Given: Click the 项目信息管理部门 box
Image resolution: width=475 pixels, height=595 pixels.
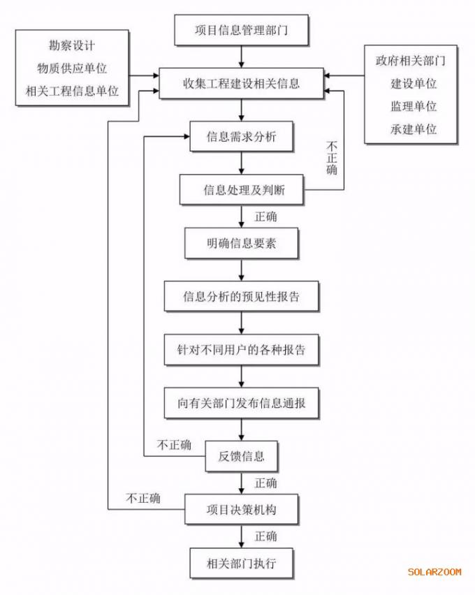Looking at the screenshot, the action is (x=241, y=30).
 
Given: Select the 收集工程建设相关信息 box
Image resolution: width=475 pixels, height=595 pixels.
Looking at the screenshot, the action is (x=241, y=84).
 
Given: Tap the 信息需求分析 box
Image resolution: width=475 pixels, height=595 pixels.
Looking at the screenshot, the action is (x=241, y=137).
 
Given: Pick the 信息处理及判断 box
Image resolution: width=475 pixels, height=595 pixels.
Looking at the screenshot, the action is (x=242, y=190).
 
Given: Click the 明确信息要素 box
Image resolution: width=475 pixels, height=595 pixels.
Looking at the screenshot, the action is (x=241, y=243).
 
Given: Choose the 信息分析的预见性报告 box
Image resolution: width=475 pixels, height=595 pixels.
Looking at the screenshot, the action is (x=241, y=296).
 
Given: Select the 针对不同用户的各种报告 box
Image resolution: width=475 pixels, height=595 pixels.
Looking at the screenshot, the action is (x=241, y=350).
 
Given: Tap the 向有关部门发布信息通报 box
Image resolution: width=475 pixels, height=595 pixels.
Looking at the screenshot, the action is (x=241, y=403).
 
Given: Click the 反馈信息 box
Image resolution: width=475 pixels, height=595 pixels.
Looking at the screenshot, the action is (x=241, y=456).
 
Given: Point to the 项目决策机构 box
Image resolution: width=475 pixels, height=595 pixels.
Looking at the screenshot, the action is (x=241, y=510).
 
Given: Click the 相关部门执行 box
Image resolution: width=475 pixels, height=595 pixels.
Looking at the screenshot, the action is (x=241, y=563).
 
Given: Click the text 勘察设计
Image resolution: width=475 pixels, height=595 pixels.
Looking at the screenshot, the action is (x=72, y=45).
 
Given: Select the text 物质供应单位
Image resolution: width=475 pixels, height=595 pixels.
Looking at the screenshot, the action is (x=72, y=68).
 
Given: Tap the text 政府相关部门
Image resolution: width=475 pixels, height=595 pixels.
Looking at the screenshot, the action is (x=411, y=61).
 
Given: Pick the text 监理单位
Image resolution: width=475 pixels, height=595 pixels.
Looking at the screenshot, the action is (x=414, y=106).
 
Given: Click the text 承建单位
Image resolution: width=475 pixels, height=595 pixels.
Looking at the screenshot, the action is (x=414, y=129).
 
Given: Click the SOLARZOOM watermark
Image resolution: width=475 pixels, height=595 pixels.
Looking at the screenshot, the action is (x=434, y=572).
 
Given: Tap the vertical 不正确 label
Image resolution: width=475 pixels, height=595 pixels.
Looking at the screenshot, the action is (x=332, y=158).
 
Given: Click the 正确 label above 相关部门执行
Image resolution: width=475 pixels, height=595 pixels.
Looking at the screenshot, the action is (x=265, y=536).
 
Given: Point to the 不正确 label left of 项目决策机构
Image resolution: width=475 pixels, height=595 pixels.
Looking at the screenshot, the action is (x=143, y=498).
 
